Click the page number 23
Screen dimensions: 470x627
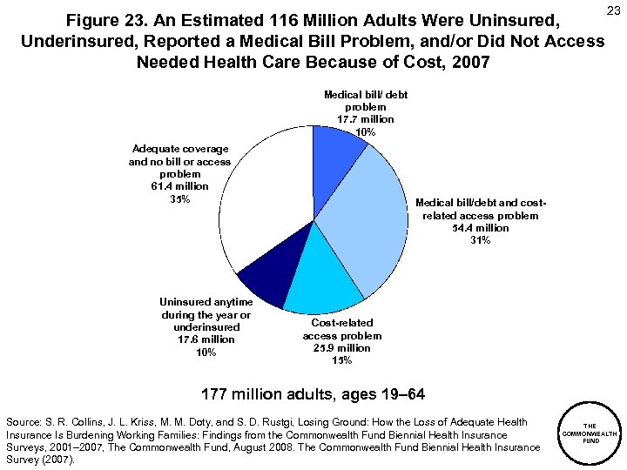612,10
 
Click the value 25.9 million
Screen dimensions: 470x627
341,348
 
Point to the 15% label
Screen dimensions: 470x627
341,360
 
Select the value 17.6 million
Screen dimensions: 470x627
206,339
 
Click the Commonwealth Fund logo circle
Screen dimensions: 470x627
590,433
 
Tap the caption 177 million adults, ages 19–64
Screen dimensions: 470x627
313,394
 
